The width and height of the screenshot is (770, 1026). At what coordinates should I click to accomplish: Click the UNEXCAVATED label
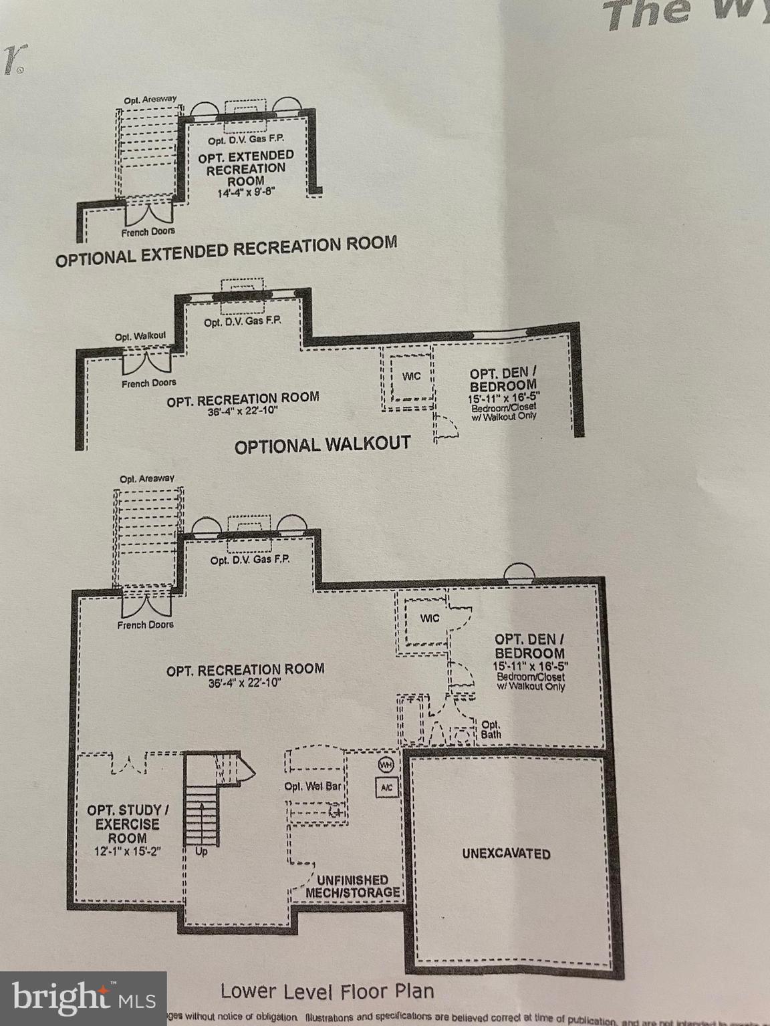tap(506, 854)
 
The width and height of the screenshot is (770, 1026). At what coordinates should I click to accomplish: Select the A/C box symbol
tap(386, 788)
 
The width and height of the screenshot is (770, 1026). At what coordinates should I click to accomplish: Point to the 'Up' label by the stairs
tap(201, 852)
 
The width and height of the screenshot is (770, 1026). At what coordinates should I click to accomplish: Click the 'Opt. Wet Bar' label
tap(313, 786)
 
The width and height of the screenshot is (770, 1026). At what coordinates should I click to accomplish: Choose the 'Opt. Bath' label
tap(491, 729)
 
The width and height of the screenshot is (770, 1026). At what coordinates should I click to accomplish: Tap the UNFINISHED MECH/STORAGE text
tap(353, 886)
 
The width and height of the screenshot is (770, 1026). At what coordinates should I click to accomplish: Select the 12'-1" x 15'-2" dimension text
tap(128, 852)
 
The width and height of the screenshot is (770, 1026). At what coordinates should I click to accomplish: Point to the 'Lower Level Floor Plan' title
tap(327, 991)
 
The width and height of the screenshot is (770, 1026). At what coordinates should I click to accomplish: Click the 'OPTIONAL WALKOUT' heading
tap(322, 445)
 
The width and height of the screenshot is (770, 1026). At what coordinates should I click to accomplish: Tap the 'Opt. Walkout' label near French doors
tap(140, 336)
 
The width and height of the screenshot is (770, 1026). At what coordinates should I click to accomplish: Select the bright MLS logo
tap(83, 999)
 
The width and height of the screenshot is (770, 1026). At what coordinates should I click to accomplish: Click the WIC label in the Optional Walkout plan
tap(411, 376)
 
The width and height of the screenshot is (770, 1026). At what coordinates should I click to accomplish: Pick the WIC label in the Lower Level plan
tap(430, 619)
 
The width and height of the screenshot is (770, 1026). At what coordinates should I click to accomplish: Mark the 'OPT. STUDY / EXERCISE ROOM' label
tap(128, 824)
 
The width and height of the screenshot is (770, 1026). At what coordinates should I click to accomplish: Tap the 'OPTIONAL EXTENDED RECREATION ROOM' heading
tap(226, 251)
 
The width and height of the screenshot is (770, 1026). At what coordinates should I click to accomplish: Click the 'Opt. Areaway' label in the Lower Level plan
tap(147, 479)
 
